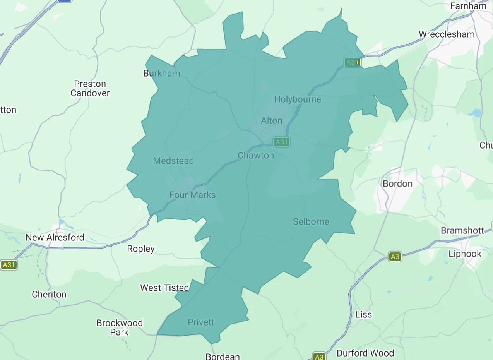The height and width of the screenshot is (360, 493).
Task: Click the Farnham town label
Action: click(468, 6)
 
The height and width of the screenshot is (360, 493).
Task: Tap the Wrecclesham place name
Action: click(447, 34)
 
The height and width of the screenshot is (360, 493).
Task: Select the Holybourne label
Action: click(297, 99)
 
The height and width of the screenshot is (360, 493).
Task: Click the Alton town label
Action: click(272, 121)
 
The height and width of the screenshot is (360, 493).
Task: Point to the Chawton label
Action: click(255, 156)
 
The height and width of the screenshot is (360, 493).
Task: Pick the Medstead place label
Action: click(173, 161)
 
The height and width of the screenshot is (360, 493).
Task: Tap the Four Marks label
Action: click(192, 195)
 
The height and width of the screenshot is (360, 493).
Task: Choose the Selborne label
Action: click(311, 222)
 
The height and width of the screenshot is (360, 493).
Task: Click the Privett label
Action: click(201, 322)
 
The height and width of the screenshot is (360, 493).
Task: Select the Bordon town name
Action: click(397, 183)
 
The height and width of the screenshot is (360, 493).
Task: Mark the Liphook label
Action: click(465, 254)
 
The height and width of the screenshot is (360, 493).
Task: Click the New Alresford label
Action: click(55, 237)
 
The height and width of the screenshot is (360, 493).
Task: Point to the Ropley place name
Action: click(141, 249)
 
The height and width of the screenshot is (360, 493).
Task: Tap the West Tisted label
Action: click(164, 288)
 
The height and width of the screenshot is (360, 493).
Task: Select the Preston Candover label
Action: click(90, 89)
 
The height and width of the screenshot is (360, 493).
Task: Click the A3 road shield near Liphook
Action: click(394, 257)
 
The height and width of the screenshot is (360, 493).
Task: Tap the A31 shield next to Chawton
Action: click(281, 142)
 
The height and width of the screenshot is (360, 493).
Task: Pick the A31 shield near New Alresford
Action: click(9, 265)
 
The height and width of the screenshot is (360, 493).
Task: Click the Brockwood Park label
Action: click(120, 327)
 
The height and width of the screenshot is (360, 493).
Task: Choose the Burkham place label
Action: click(161, 73)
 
